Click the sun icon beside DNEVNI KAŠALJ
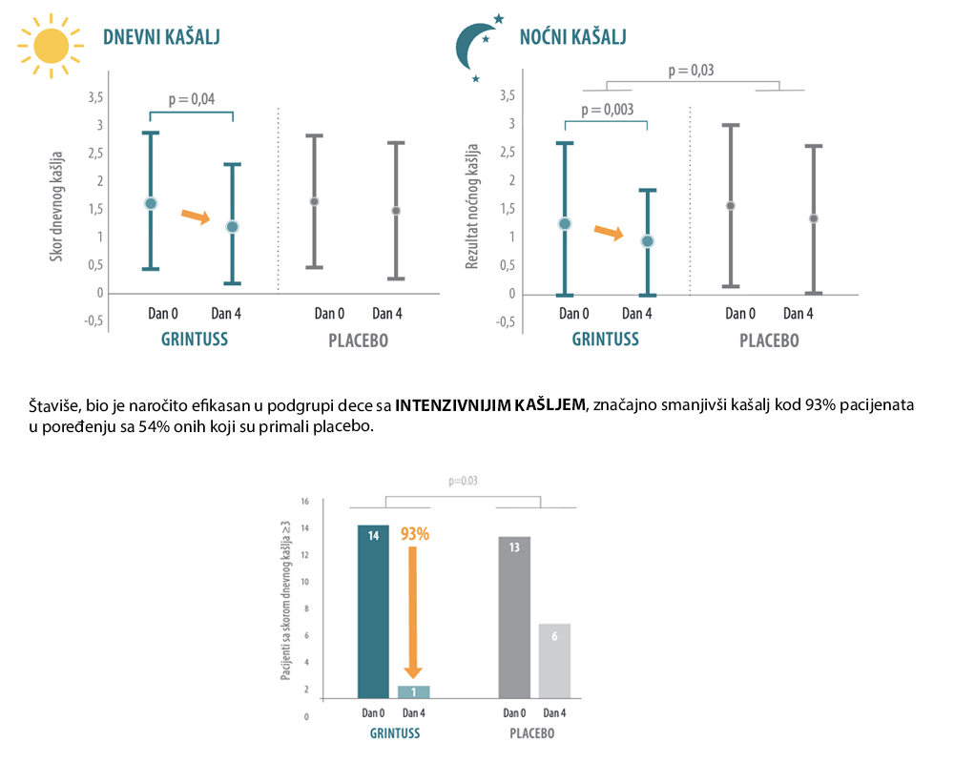click(52, 46)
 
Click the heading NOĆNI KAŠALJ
click(572, 37)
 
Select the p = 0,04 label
click(192, 99)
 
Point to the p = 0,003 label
click(607, 110)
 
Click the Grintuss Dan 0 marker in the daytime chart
click(151, 203)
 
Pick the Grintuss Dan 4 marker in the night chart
click(648, 241)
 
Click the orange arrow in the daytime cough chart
click(196, 216)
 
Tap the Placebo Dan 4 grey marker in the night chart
click(814, 218)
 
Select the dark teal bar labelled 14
click(373, 611)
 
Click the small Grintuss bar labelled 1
click(414, 691)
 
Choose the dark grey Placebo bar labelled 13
click(514, 618)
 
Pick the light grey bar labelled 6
click(554, 661)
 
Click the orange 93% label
click(415, 534)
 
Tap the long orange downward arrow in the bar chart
click(412, 612)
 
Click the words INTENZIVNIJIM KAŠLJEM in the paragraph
click(489, 405)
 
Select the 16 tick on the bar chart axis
click(305, 502)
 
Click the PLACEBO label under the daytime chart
click(359, 340)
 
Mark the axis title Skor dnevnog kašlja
click(56, 206)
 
